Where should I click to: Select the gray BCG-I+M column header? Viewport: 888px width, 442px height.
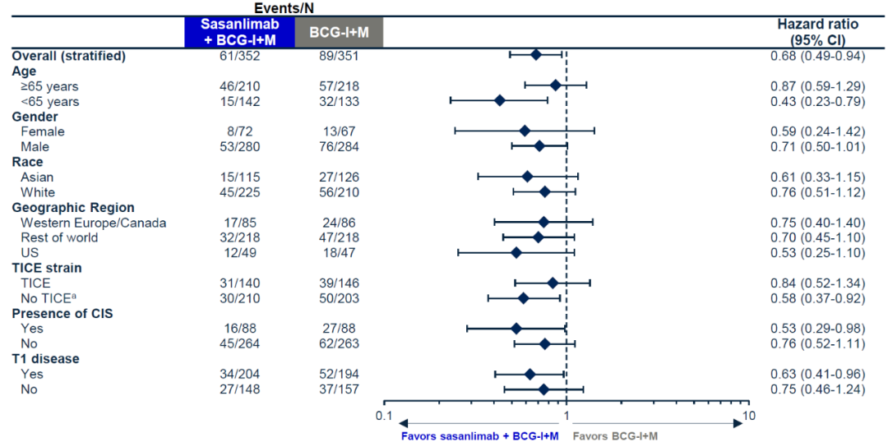pyautogui.click(x=338, y=33)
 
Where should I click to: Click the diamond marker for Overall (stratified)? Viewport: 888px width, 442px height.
pyautogui.click(x=535, y=55)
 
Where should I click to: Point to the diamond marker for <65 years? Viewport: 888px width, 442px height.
pyautogui.click(x=499, y=101)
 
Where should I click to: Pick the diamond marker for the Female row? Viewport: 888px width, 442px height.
pyautogui.click(x=525, y=131)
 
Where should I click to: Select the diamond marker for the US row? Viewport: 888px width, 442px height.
pyautogui.click(x=516, y=252)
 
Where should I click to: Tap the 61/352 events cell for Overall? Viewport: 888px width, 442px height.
pyautogui.click(x=234, y=56)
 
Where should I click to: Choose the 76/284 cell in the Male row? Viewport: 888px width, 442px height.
pyautogui.click(x=338, y=147)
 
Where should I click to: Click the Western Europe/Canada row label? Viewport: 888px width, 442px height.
pyautogui.click(x=94, y=223)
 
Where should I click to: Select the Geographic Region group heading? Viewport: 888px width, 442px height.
pyautogui.click(x=73, y=208)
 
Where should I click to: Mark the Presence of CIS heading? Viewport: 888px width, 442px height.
pyautogui.click(x=62, y=313)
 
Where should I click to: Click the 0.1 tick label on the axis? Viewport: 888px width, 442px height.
pyautogui.click(x=383, y=415)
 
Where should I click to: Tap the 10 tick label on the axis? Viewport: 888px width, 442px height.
pyautogui.click(x=748, y=415)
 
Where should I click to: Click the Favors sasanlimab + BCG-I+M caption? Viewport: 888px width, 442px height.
pyautogui.click(x=480, y=435)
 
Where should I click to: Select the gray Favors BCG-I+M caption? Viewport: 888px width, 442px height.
pyautogui.click(x=614, y=435)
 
